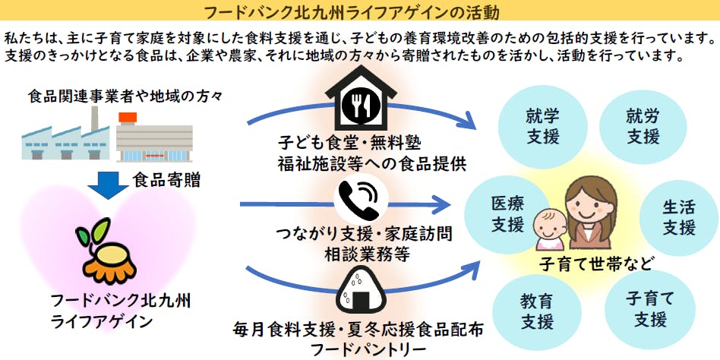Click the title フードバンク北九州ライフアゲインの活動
pos(360,11)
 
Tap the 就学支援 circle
pos(542,126)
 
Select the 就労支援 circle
pos(643,126)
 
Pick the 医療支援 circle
pos(507,215)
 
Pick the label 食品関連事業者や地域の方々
pos(125,96)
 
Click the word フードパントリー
pos(360,350)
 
